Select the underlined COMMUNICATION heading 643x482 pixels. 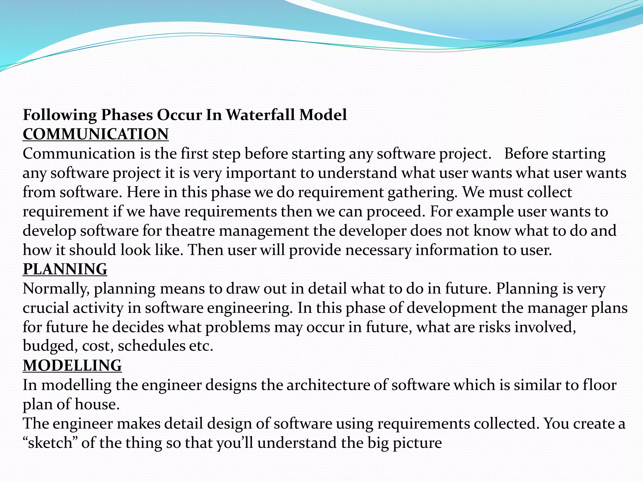(x=96, y=134)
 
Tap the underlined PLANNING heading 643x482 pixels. (x=65, y=269)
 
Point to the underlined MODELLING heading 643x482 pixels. (x=72, y=366)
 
